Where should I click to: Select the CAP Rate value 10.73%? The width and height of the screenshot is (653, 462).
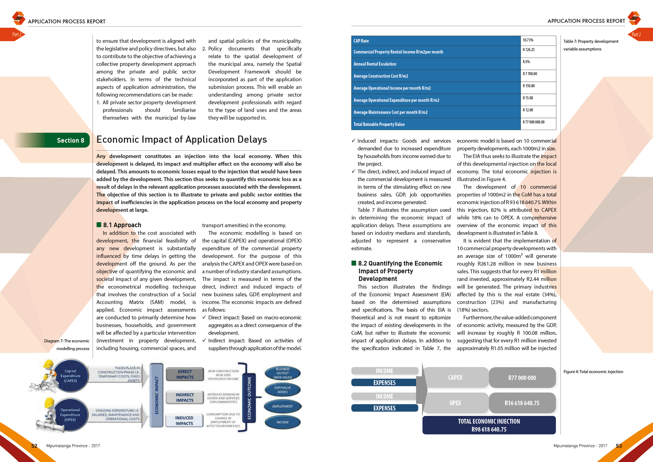click(x=528, y=40)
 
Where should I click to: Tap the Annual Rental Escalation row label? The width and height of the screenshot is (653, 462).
click(x=375, y=64)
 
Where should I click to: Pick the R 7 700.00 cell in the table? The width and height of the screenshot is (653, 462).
click(x=530, y=74)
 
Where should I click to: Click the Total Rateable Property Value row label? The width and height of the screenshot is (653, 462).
click(x=379, y=124)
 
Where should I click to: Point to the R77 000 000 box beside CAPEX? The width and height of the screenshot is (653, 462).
click(x=522, y=378)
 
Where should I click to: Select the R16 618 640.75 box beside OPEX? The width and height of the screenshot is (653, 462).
click(x=522, y=403)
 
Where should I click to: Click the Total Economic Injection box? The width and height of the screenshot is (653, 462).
click(x=489, y=425)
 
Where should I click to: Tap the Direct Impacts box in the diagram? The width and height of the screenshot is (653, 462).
click(x=185, y=374)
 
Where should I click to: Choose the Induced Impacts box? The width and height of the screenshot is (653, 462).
click(x=184, y=421)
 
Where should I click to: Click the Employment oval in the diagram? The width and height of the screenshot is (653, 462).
click(x=282, y=407)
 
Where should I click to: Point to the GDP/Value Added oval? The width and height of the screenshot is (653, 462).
click(x=282, y=390)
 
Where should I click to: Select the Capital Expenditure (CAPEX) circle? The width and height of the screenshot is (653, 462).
click(x=70, y=376)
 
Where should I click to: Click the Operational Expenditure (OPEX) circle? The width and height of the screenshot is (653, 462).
click(x=70, y=415)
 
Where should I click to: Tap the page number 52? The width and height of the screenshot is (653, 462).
click(x=34, y=446)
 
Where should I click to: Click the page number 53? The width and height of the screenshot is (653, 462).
click(x=619, y=446)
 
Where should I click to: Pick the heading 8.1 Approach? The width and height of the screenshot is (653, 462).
click(x=122, y=225)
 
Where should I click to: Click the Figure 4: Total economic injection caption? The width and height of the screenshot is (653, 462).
click(x=593, y=371)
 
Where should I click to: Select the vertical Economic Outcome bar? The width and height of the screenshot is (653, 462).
click(x=249, y=398)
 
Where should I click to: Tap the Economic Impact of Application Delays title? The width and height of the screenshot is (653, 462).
click(x=182, y=139)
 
